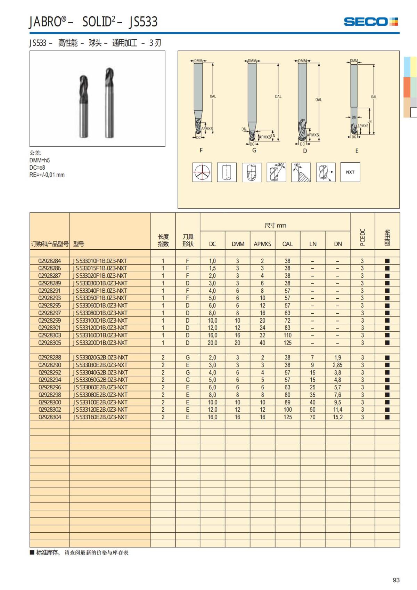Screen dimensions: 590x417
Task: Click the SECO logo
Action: click(370, 22)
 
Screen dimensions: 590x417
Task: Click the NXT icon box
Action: click(350, 172)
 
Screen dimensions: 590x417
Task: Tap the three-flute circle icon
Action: click(202, 172)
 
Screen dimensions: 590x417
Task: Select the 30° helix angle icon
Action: click(276, 172)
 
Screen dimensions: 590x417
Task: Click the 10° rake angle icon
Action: click(301, 172)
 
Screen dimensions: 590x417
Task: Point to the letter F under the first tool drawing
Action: click(201, 150)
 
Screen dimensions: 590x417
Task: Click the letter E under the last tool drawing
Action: click(357, 151)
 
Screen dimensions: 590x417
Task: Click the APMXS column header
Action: click(262, 244)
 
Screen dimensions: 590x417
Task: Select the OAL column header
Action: click(287, 244)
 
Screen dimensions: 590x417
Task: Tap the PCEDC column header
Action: click(362, 237)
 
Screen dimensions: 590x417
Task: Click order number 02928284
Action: click(50, 261)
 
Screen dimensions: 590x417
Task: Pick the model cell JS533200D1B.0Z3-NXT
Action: click(100, 343)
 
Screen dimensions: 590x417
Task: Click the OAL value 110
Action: click(287, 335)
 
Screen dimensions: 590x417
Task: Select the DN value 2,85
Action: click(337, 365)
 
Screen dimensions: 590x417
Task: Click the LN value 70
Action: click(312, 417)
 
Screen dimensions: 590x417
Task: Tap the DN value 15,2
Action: click(337, 417)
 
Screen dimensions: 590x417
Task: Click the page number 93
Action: click(396, 580)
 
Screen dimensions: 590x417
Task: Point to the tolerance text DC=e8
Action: click(37, 168)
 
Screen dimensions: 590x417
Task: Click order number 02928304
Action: click(50, 417)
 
